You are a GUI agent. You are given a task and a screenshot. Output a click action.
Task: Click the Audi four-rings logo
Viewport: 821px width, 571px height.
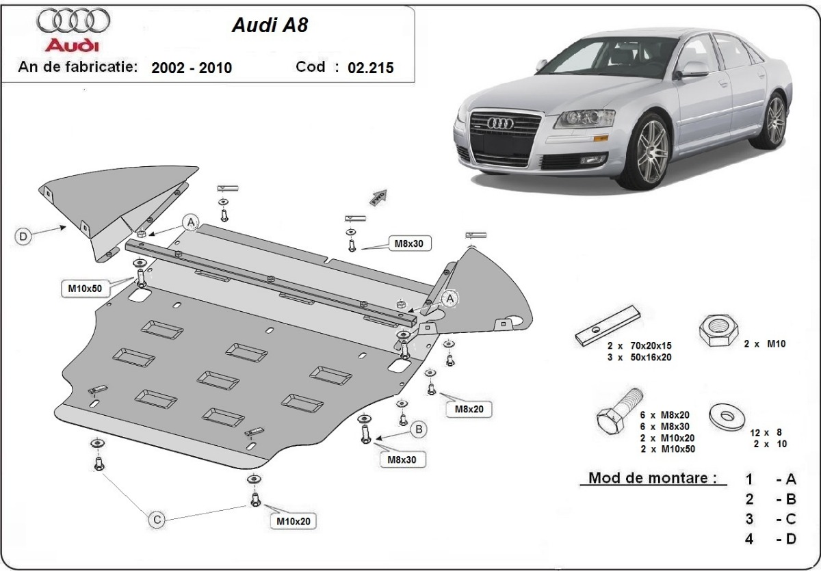point(73,21)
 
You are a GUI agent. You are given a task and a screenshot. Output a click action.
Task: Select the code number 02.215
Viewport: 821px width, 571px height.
point(371,68)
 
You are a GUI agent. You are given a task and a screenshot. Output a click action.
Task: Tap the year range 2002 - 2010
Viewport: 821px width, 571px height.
point(192,68)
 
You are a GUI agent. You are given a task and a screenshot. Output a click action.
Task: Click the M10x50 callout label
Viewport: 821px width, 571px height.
point(85,289)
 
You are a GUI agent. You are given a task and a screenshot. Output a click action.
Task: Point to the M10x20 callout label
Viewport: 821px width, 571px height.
point(294,522)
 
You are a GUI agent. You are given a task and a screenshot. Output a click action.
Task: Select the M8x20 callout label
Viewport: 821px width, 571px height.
point(469,409)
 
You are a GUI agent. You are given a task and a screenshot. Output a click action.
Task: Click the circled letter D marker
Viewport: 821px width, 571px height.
point(23,237)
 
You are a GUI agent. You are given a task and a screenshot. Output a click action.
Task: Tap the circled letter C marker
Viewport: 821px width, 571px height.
point(157,520)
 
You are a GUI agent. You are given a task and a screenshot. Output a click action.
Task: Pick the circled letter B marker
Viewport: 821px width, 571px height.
point(418,429)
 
